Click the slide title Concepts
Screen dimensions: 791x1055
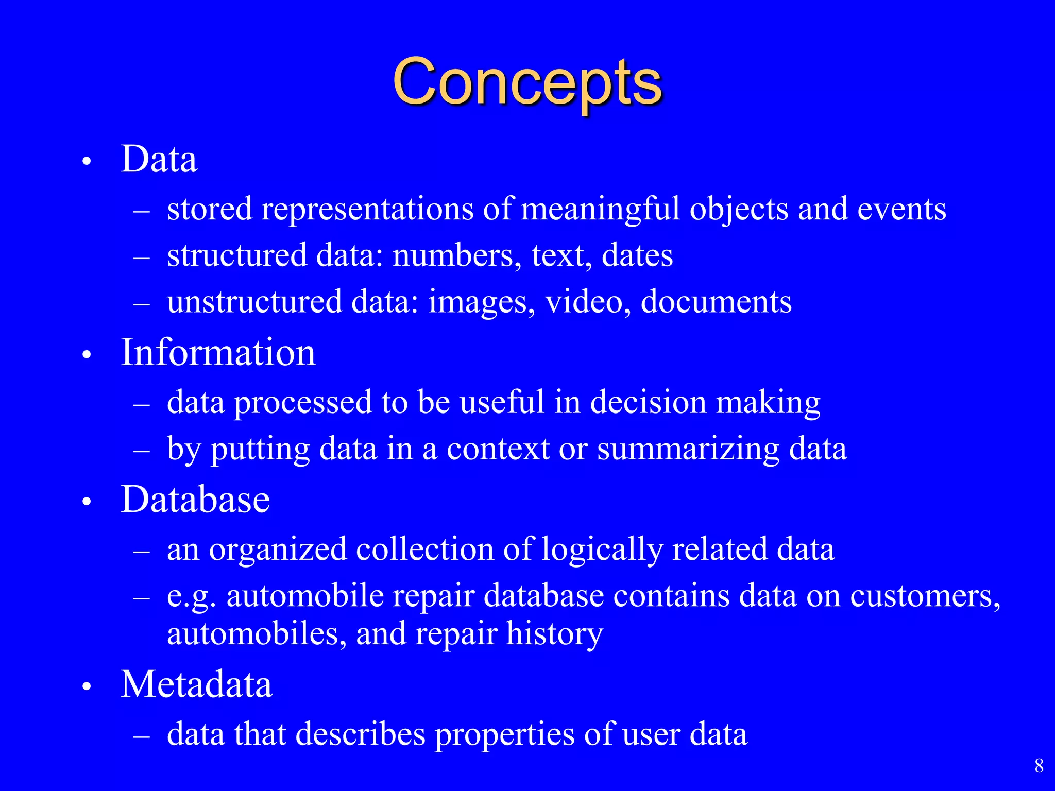527,82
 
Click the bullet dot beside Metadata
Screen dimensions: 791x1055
87,686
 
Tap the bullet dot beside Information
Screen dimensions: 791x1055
87,355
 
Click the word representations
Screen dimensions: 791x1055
367,210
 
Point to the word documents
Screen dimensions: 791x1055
716,301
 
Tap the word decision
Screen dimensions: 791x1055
648,402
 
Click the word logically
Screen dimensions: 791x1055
602,549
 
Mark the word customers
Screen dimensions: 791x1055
925,596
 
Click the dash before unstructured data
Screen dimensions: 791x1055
141,304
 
